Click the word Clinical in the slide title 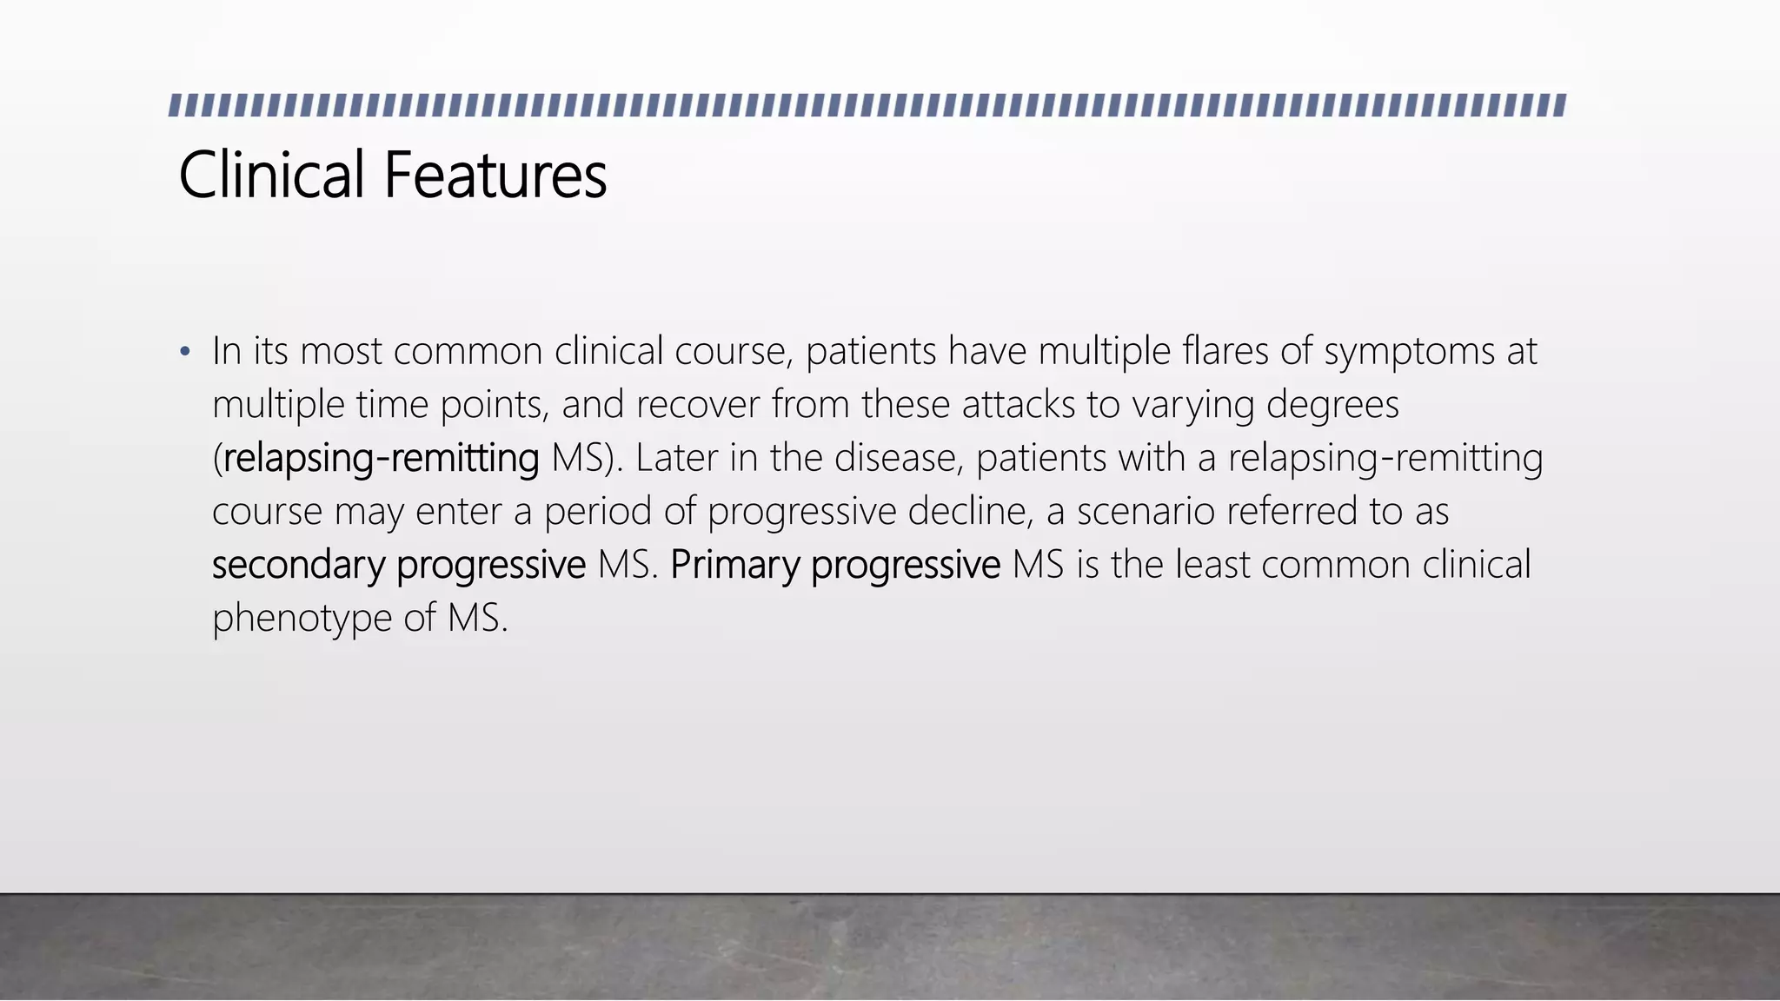coord(271,176)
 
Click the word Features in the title coord(495,176)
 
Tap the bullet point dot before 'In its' coord(184,353)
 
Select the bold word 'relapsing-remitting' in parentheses coord(381,459)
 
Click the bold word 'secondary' coord(298,566)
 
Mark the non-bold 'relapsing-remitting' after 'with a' coord(1385,459)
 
